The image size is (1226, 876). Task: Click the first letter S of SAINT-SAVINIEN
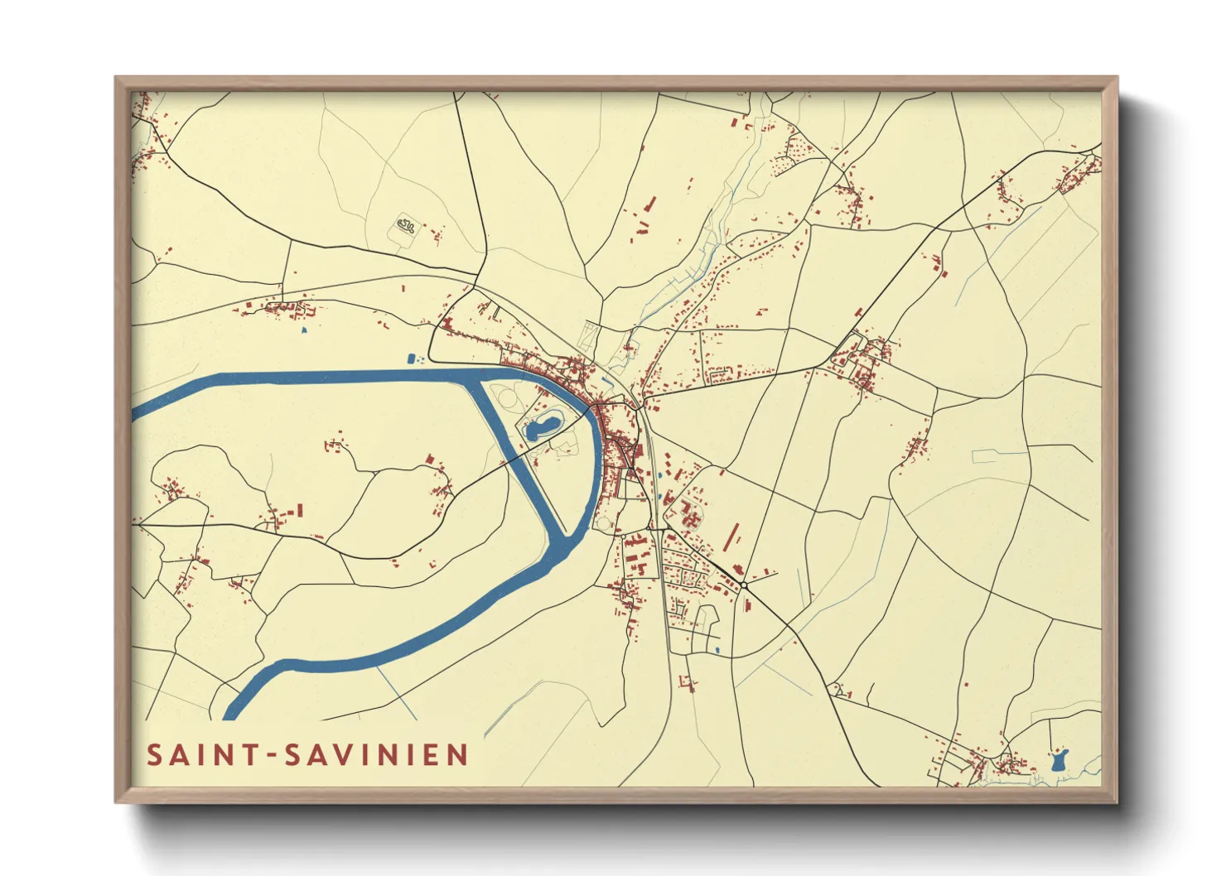point(154,755)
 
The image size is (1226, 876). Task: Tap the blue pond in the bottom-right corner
point(1059,760)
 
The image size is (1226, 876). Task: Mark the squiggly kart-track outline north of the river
point(405,224)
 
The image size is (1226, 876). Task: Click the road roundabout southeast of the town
point(745,585)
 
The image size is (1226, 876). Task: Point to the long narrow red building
point(731,536)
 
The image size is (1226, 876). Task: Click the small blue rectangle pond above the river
point(410,359)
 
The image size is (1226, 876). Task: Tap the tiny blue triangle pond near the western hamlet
point(304,330)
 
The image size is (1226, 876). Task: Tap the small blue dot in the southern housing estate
point(717,650)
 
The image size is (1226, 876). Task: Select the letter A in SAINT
point(183,755)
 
